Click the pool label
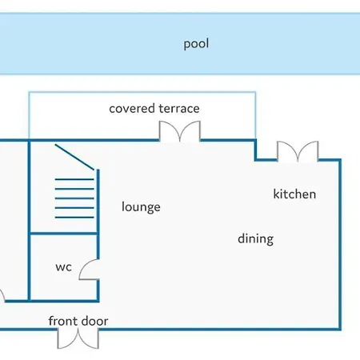pyautogui.click(x=196, y=44)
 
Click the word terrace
pyautogui.click(x=179, y=109)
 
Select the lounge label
pyautogui.click(x=141, y=207)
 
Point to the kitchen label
pyautogui.click(x=294, y=194)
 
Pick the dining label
pyautogui.click(x=255, y=238)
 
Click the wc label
pyautogui.click(x=63, y=267)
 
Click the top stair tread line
pyautogui.click(x=74, y=179)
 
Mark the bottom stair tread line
pyautogui.click(x=74, y=218)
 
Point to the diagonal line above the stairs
pyautogui.click(x=74, y=157)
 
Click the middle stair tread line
pyautogui.click(x=74, y=198)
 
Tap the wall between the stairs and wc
pyautogui.click(x=63, y=234)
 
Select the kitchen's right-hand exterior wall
pyautogui.click(x=340, y=245)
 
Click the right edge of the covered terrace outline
pyautogui.click(x=255, y=115)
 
